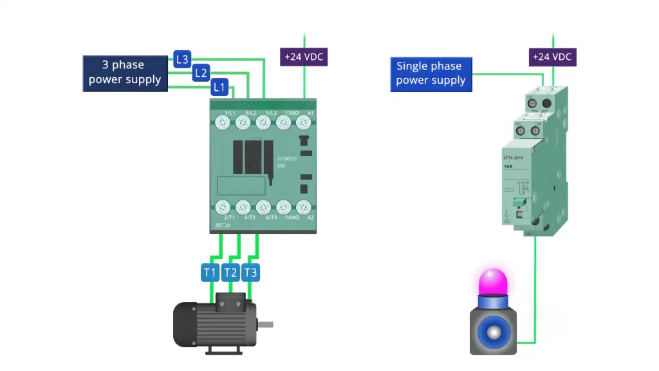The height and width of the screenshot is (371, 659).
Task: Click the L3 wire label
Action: [x=182, y=59]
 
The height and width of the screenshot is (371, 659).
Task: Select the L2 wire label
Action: [x=201, y=73]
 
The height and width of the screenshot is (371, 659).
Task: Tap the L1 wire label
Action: [x=219, y=86]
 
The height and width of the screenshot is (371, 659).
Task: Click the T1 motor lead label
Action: [x=210, y=272]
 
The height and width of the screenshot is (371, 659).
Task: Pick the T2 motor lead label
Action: [x=230, y=272]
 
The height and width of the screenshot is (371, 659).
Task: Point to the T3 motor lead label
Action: [x=250, y=272]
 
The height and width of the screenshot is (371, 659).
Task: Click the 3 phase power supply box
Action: [x=125, y=73]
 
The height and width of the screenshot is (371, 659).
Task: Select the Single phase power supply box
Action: [x=431, y=73]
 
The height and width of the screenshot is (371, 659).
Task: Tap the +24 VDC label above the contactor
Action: [x=304, y=57]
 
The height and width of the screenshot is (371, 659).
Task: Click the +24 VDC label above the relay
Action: [x=552, y=57]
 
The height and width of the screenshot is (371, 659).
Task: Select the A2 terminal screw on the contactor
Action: [x=303, y=207]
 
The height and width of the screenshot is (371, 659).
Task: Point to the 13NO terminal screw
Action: [x=283, y=122]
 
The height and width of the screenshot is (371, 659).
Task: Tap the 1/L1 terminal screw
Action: [x=223, y=122]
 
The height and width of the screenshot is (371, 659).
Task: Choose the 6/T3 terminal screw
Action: [x=263, y=207]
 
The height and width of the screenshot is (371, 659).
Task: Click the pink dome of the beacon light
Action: [x=493, y=282]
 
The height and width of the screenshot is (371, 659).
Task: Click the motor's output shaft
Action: [x=265, y=324]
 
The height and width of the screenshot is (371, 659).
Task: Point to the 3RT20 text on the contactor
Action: [x=221, y=225]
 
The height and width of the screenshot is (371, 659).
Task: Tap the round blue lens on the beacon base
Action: [x=494, y=332]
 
